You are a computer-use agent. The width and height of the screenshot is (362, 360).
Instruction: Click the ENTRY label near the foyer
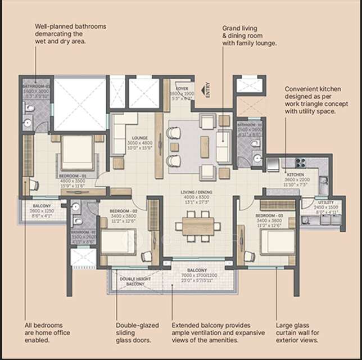[x=207, y=91]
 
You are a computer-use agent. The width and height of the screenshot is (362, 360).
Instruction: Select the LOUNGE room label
[x=139, y=137]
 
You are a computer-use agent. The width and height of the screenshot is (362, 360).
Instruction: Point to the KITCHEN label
[x=296, y=175]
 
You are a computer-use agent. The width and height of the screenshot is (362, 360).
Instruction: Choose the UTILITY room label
[x=326, y=202]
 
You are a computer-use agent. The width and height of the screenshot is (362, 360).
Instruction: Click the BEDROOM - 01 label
[x=71, y=175]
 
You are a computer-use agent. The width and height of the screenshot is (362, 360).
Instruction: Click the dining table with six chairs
[x=197, y=226]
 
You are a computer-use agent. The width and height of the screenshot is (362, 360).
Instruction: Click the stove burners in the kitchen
[x=300, y=163]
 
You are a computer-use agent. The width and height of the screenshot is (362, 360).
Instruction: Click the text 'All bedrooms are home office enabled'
[x=44, y=332]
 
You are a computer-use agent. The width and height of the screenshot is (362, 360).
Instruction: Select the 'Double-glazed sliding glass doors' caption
[x=137, y=332]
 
